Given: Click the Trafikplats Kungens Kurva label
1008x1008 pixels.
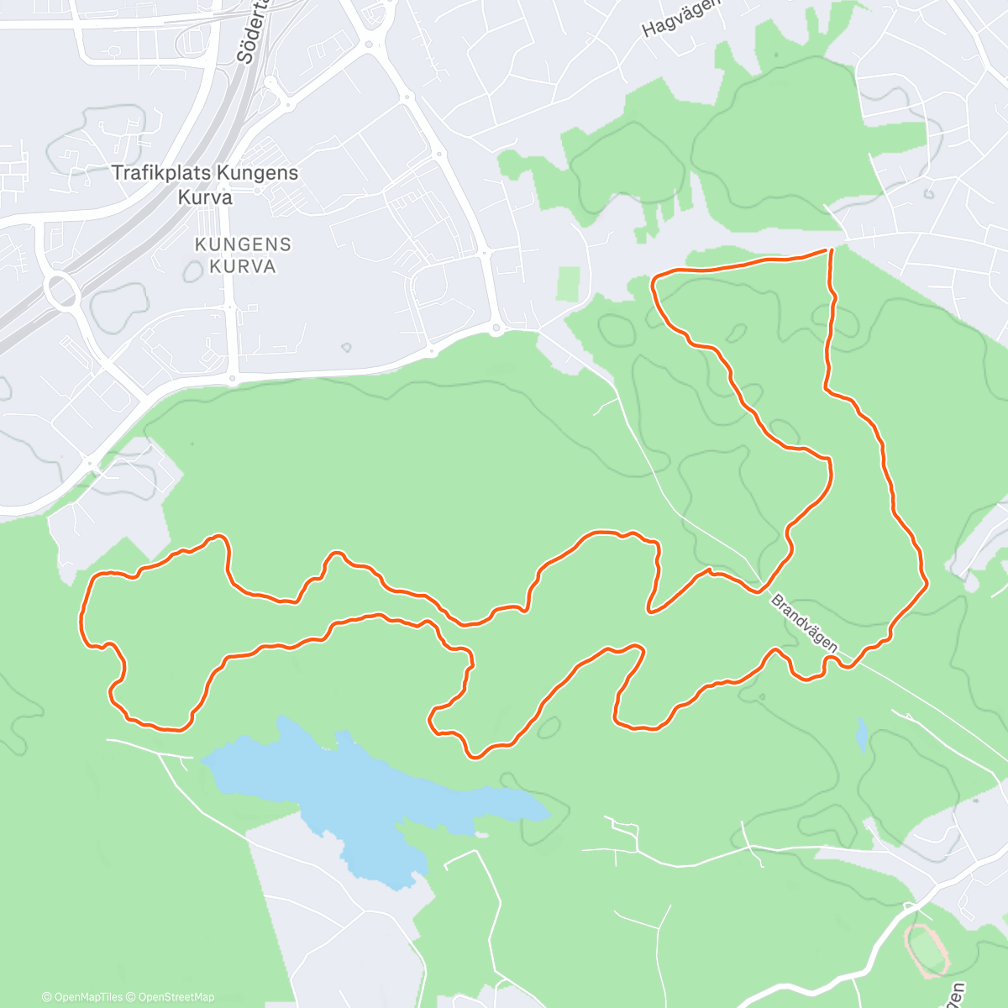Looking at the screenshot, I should (205, 185).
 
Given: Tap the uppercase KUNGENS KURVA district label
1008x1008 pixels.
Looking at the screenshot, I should (243, 255).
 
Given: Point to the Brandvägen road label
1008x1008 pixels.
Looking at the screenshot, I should (804, 622).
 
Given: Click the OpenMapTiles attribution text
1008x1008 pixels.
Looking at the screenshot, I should (82, 997).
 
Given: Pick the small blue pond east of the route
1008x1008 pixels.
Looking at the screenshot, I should (862, 735).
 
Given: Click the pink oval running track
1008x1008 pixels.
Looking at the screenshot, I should (927, 951).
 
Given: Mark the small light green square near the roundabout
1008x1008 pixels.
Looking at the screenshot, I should (569, 283).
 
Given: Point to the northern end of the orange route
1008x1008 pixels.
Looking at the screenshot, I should (832, 249).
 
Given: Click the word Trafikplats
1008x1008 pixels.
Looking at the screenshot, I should (161, 173).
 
